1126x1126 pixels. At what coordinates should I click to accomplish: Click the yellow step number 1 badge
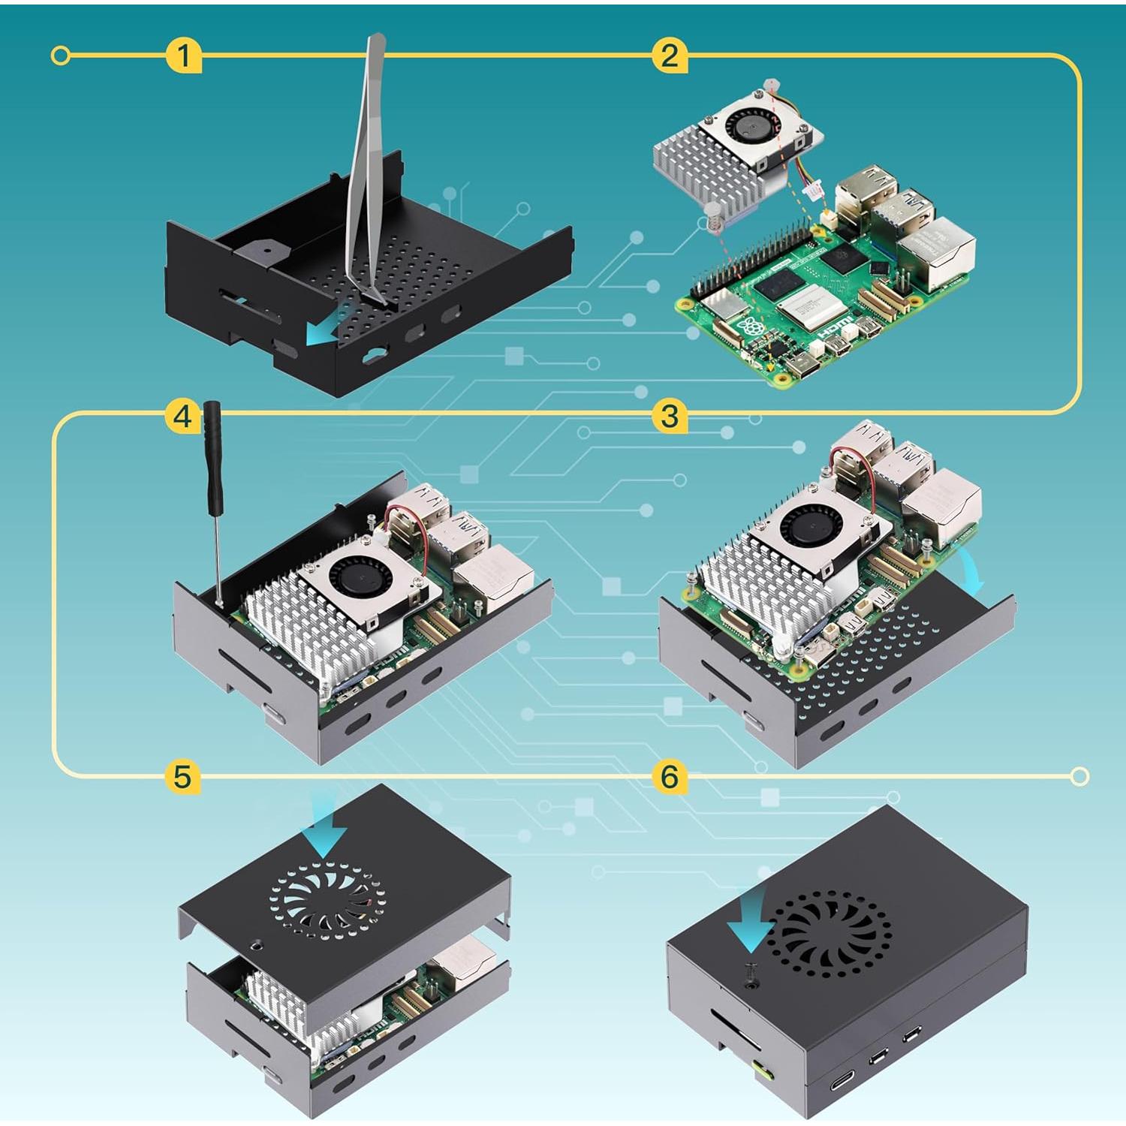[183, 56]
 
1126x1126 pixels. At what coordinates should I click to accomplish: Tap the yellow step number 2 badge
[670, 56]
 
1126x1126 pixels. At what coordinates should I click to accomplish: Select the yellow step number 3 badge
[670, 415]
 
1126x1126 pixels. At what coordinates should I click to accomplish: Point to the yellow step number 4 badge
[182, 415]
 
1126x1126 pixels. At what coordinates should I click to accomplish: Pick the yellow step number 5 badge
[182, 776]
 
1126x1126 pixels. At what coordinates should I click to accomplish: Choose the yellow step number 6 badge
[670, 776]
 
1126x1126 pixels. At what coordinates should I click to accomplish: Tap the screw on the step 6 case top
[749, 973]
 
